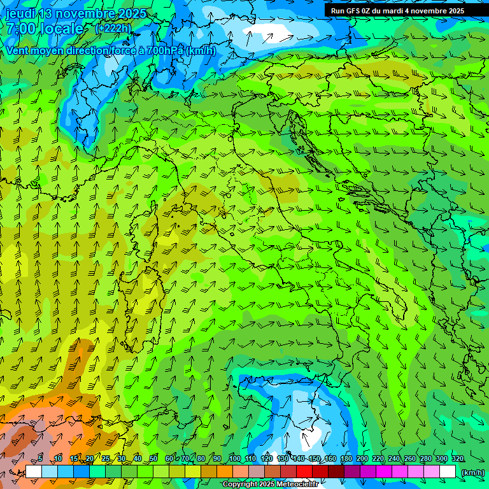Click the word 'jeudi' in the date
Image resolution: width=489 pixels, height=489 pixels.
[x=20, y=14]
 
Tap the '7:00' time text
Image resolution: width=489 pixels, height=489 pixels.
[x=20, y=29]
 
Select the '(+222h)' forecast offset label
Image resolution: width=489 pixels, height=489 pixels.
[x=113, y=28]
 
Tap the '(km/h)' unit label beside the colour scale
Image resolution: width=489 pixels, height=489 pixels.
[x=472, y=472]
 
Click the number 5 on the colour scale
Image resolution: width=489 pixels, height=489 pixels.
[x=40, y=459]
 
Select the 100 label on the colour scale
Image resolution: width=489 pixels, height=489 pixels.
[x=234, y=459]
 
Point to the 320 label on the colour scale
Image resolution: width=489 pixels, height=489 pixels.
[x=457, y=459]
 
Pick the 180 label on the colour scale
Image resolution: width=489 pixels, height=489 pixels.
[x=346, y=459]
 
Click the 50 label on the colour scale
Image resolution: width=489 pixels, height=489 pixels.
[x=153, y=459]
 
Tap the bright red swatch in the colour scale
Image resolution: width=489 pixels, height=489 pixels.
[x=304, y=472]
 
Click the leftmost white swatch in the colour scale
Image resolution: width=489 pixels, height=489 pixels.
[x=34, y=472]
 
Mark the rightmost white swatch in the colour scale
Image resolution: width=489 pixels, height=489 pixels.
[x=448, y=472]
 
